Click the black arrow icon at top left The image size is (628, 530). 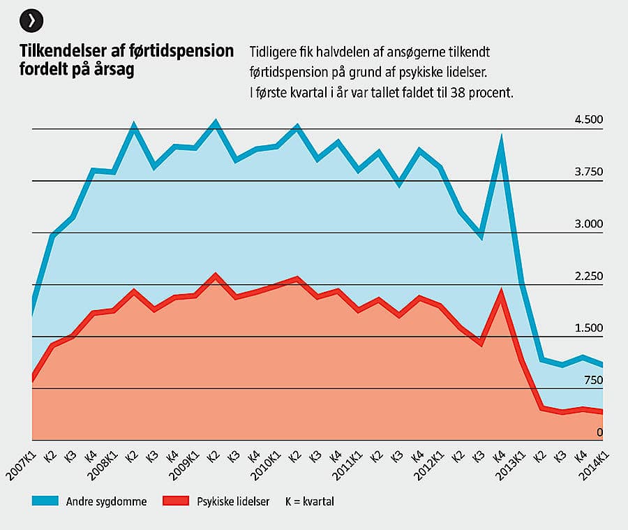[31, 21]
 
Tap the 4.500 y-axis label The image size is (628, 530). [588, 120]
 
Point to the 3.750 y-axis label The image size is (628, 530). [588, 172]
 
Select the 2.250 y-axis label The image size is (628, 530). [588, 277]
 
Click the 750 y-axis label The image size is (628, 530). [592, 381]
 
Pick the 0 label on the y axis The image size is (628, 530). [599, 433]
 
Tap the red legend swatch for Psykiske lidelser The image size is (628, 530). [175, 501]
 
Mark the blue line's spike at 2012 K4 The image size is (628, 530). [500, 140]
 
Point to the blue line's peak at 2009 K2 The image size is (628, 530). [216, 124]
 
